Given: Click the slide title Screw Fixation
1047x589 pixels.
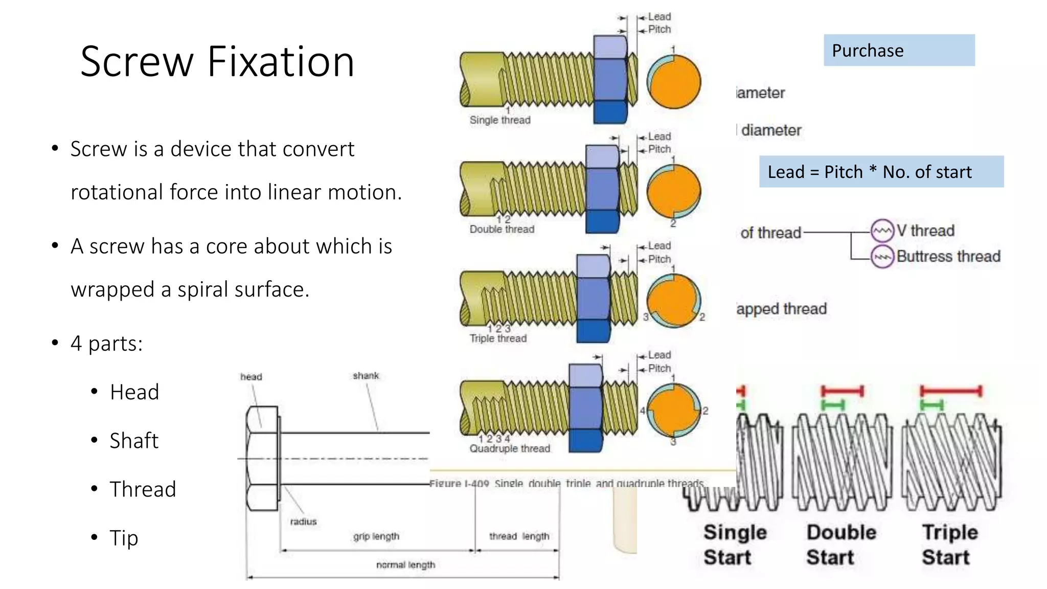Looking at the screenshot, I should click(x=217, y=62).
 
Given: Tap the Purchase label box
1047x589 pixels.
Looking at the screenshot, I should click(x=899, y=50).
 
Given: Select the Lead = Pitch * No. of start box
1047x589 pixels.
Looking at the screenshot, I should click(x=881, y=172).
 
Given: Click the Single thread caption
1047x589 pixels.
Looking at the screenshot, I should click(x=500, y=120).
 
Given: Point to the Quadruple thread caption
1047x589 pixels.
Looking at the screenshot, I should click(x=510, y=448).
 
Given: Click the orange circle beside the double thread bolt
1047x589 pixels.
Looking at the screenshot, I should click(x=673, y=192).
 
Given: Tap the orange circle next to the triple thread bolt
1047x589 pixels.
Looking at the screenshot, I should click(x=673, y=301).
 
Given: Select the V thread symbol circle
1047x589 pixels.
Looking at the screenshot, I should click(x=882, y=231).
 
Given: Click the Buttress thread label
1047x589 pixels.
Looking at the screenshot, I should click(x=948, y=256).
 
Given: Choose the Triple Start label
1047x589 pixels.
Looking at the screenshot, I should click(x=949, y=545).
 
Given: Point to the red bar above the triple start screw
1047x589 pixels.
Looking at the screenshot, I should click(x=950, y=392).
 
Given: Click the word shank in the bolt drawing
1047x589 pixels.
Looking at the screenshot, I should click(x=366, y=376).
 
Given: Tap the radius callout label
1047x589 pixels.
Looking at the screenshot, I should click(x=303, y=522).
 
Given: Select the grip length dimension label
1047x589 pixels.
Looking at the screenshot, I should click(x=376, y=536).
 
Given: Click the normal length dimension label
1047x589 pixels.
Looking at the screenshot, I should click(x=405, y=565).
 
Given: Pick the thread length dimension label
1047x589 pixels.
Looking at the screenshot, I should click(x=519, y=536).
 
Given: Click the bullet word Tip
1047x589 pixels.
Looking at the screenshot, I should click(x=124, y=538).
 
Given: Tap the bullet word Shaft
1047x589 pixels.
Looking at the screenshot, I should click(x=134, y=441).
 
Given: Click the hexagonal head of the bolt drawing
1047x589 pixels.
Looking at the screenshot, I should click(x=262, y=458).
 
